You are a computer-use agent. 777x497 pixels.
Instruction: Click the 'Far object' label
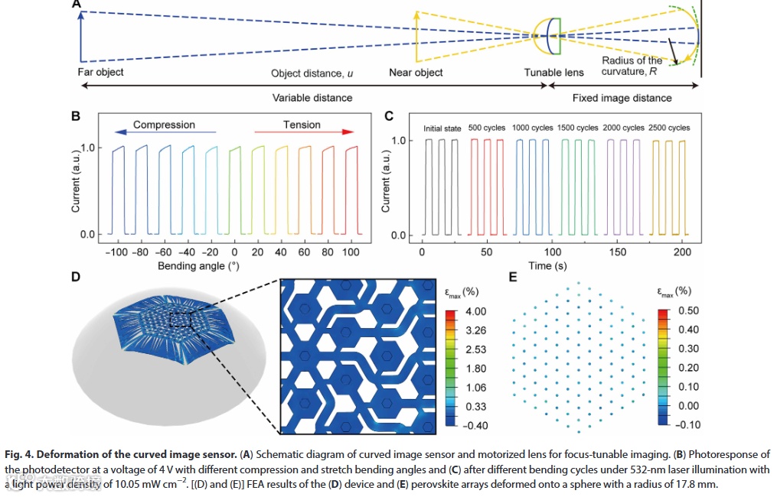(x=100, y=72)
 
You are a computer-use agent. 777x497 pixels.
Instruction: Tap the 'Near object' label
(x=416, y=73)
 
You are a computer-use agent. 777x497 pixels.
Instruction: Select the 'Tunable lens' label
(x=553, y=73)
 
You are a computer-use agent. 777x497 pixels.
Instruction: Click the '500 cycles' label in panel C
(x=487, y=128)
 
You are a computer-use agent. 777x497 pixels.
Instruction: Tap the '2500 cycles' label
(x=669, y=128)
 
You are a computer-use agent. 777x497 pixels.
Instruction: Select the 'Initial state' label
(x=442, y=128)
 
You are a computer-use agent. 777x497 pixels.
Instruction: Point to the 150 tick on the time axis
(x=616, y=252)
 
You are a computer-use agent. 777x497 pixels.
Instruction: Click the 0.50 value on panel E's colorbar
(x=688, y=310)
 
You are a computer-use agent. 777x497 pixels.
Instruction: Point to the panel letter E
(x=514, y=276)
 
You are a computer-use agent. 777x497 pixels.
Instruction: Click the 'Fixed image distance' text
(x=622, y=98)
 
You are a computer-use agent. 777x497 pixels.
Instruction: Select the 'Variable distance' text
(x=312, y=98)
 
